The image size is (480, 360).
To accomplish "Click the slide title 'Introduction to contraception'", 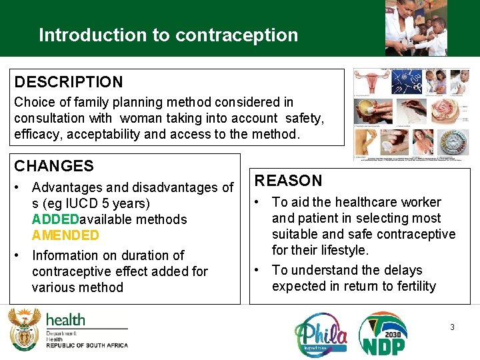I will point(168,35).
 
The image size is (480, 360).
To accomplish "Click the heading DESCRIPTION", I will point(69,83).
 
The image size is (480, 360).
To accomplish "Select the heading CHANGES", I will point(54,166).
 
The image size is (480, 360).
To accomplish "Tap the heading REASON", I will point(289,181).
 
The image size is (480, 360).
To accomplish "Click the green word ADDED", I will point(55,219).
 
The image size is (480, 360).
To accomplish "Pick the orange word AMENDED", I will point(65,235).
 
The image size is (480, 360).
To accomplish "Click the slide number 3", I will point(452,327).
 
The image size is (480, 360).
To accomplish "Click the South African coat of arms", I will point(24,329).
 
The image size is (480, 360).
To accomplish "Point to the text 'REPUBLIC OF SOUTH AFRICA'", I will point(87,345).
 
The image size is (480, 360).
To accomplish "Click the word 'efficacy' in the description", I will point(36,134).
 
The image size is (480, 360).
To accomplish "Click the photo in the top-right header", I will point(416,28).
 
